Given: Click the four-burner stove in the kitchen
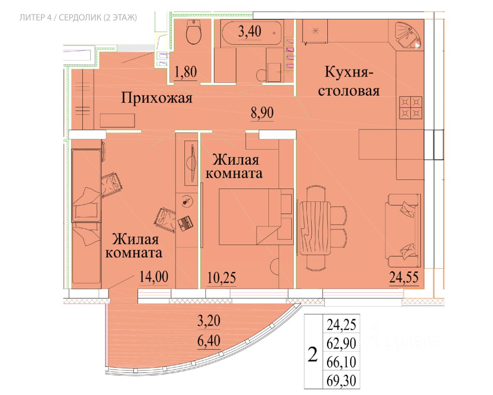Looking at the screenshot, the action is coord(411,108).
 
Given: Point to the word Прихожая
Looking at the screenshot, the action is coord(157,98).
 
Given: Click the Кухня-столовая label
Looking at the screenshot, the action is coord(349,81).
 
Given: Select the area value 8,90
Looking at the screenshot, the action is coord(262,113).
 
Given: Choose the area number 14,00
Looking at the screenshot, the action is coord(154,276).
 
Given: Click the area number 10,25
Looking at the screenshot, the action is coord(221,277).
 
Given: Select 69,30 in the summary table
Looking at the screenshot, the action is coord(341,380).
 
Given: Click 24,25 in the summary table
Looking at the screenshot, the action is coord(341,324).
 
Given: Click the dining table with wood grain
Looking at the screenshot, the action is coord(315,228).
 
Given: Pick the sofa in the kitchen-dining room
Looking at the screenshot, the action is coord(403,230).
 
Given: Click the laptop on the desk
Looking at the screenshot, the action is coord(185,223).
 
